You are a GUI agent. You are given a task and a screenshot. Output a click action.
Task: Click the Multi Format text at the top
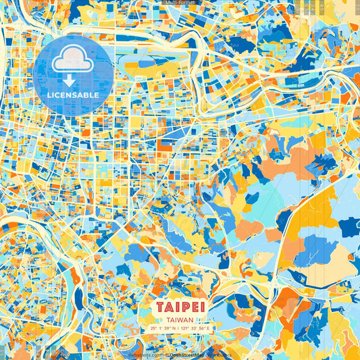coord(180,3)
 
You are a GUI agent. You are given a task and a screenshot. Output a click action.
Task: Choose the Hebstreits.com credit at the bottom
coord(145,354)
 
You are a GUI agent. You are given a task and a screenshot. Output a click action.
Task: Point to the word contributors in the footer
coord(217,354)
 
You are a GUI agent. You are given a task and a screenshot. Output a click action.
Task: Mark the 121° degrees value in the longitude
coord(186,329)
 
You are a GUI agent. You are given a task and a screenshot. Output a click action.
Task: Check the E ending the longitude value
coord(209,329)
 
